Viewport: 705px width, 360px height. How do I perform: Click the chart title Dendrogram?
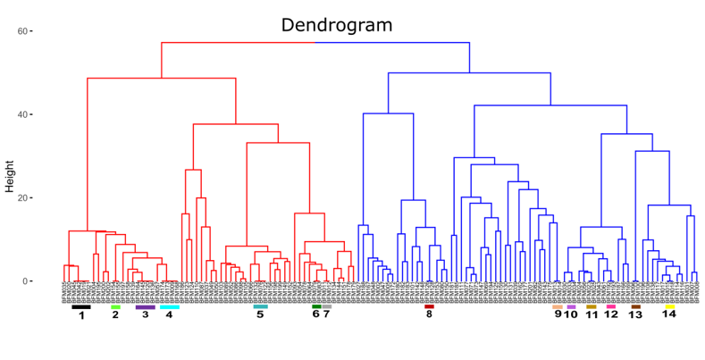pos(337,25)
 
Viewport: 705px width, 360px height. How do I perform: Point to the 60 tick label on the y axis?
pos(21,31)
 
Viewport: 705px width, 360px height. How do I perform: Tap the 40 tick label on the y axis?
pos(21,114)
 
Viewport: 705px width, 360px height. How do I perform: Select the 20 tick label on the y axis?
pos(21,198)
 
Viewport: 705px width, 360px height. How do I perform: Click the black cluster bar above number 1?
pos(81,307)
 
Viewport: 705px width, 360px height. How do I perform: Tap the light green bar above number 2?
pos(115,307)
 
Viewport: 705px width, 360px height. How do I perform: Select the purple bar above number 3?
pos(145,307)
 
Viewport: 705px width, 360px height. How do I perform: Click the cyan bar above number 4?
pos(170,307)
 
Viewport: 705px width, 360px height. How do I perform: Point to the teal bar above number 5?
pos(260,307)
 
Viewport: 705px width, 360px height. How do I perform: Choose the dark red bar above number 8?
pos(429,307)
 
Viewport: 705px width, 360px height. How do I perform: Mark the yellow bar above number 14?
pos(669,307)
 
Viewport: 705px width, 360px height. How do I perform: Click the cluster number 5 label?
pos(260,314)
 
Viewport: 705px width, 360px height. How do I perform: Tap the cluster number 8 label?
pos(429,314)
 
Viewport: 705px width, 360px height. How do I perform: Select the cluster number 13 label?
pos(635,314)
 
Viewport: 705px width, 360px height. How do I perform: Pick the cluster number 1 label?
pos(81,315)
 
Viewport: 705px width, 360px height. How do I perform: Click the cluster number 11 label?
pos(591,314)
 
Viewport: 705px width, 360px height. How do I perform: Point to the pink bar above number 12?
pos(611,307)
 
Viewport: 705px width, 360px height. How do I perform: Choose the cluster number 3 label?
pos(145,314)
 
